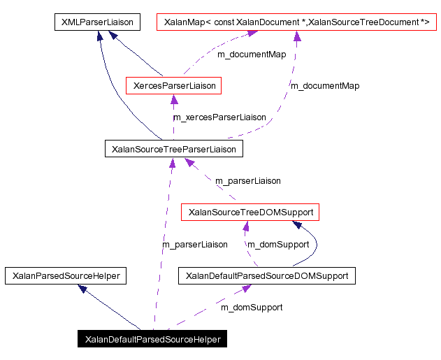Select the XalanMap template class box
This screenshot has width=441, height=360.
(x=296, y=22)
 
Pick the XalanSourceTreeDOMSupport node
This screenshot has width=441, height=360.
(x=250, y=211)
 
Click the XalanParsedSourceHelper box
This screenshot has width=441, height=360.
(x=66, y=276)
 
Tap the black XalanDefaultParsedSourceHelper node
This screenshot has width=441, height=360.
(x=152, y=340)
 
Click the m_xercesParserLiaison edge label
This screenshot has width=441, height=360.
(x=219, y=117)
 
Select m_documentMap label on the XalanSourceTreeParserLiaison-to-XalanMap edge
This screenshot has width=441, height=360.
(x=325, y=86)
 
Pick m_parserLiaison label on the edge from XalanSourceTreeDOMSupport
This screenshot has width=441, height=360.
(x=247, y=181)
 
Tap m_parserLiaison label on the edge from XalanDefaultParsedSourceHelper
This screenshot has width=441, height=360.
(x=195, y=245)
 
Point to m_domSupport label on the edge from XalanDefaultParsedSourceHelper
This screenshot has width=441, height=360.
(x=252, y=307)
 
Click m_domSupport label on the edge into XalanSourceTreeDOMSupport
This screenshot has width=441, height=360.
(x=279, y=245)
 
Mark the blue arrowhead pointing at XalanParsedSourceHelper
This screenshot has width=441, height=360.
(x=82, y=288)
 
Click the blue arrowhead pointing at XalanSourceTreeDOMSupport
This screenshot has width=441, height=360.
(x=297, y=224)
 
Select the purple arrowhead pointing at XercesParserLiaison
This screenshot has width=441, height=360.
(x=174, y=100)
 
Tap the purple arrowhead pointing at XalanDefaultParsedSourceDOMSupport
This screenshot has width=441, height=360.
(x=246, y=289)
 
